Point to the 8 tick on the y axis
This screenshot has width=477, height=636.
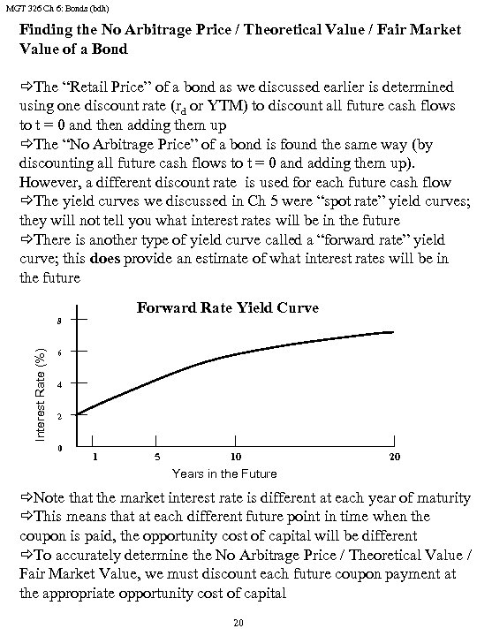60,320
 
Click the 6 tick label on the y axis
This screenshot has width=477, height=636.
60,352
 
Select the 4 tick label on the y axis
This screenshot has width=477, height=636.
60,384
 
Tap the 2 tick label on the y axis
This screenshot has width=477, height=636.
60,416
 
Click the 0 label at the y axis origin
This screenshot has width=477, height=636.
60,449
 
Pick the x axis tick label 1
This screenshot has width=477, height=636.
95,458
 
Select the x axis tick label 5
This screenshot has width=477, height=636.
156,458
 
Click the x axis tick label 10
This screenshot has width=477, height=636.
234,458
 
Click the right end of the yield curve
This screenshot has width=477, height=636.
393,332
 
